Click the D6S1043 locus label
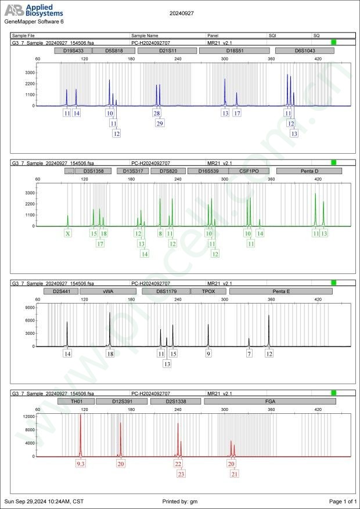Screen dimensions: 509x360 [x=304, y=50]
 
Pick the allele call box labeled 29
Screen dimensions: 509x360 [x=160, y=123]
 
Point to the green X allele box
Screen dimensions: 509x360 [x=68, y=233]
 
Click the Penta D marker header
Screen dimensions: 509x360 [x=309, y=171]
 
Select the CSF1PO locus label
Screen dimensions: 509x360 [x=249, y=171]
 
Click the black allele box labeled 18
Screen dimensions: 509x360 [x=110, y=353]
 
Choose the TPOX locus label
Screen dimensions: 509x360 [x=208, y=291]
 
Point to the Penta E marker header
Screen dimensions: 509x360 [x=280, y=291]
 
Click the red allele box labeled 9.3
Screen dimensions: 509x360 [x=81, y=464]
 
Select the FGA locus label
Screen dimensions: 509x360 [x=270, y=401]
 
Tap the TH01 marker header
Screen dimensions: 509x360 [x=75, y=401]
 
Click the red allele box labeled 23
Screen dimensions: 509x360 [x=181, y=474]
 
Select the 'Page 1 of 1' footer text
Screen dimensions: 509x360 [x=342, y=501]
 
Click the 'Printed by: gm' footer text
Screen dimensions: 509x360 [x=180, y=501]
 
